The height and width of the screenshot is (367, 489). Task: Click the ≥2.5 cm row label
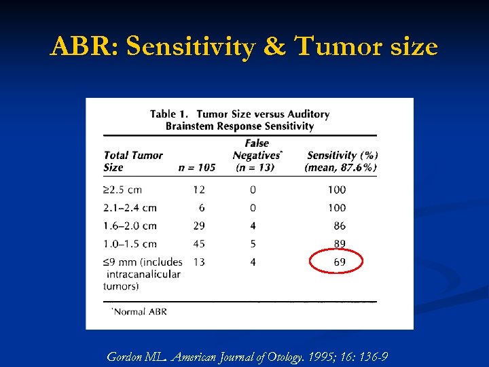[122, 190]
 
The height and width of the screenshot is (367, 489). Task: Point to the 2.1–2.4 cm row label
[130, 207]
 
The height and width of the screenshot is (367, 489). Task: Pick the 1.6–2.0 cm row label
[130, 226]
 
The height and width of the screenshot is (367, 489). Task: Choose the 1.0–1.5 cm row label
[130, 243]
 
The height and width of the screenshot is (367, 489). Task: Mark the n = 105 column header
[196, 167]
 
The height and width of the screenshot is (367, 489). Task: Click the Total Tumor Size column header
[132, 161]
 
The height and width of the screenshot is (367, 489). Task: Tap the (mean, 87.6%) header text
[341, 167]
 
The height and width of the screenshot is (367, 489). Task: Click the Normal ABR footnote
[139, 312]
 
